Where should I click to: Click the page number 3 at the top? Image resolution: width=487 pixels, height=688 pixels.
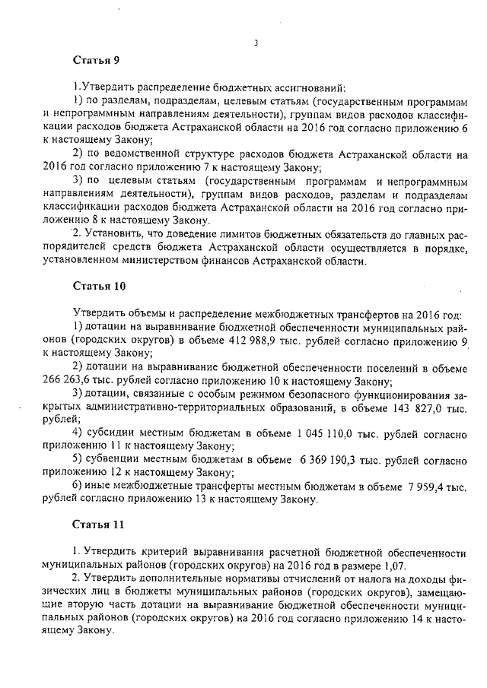(x=256, y=43)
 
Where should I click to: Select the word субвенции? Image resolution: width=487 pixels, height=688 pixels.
(x=122, y=460)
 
